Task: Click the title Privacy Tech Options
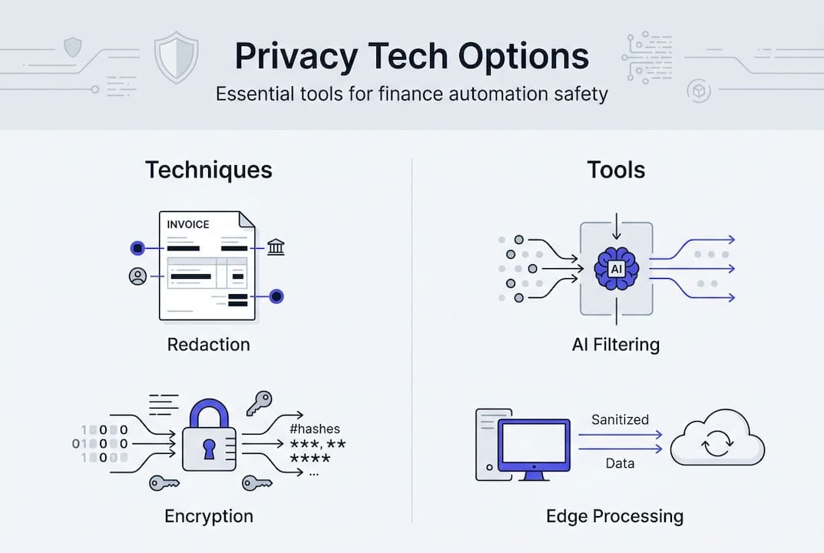click(x=412, y=57)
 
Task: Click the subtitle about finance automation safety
click(x=412, y=94)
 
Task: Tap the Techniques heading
click(x=208, y=170)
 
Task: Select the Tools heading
click(x=616, y=170)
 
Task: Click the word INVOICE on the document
click(x=188, y=224)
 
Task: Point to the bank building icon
click(x=275, y=247)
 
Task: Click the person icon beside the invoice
click(x=138, y=276)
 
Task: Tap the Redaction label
click(x=208, y=344)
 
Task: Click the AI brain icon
click(x=616, y=268)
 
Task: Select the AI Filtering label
click(x=616, y=345)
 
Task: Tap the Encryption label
click(x=208, y=515)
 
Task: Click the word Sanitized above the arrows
click(x=620, y=419)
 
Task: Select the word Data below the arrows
click(x=620, y=465)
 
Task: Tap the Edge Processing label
click(x=614, y=515)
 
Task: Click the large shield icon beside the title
click(x=177, y=58)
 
